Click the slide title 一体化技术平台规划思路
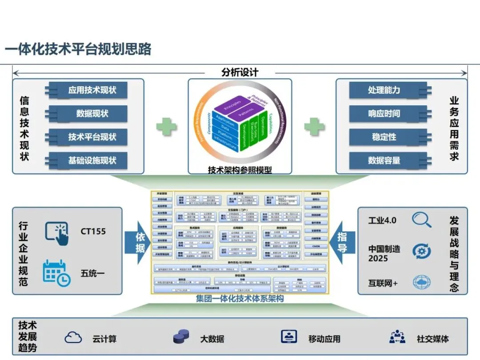[x=78, y=49]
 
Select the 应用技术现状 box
[x=92, y=90]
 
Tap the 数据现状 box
[x=92, y=113]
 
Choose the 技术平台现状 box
[x=92, y=136]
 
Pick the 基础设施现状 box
[x=92, y=160]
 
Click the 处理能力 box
[x=384, y=90]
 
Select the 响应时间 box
[x=384, y=113]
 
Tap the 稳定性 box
[x=384, y=137]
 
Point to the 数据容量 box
[x=384, y=160]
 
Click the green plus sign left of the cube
[x=166, y=126]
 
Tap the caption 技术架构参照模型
[x=240, y=169]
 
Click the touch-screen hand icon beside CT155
[x=56, y=233]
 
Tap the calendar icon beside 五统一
[x=56, y=272]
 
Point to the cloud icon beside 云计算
[x=73, y=338]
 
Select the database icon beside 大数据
[x=181, y=338]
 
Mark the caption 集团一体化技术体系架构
[x=240, y=299]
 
